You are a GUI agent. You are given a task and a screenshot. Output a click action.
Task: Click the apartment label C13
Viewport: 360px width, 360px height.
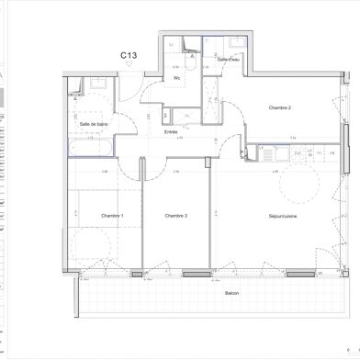click(129, 56)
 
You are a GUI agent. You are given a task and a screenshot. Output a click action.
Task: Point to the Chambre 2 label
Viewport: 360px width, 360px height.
click(279, 108)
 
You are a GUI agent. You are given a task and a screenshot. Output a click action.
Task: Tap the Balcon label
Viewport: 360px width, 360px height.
click(231, 294)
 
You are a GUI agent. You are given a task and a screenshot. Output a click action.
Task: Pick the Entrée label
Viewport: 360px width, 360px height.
click(171, 131)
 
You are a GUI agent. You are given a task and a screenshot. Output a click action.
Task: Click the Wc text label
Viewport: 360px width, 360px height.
click(176, 79)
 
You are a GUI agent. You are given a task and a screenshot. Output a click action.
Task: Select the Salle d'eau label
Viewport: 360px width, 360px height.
click(228, 59)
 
